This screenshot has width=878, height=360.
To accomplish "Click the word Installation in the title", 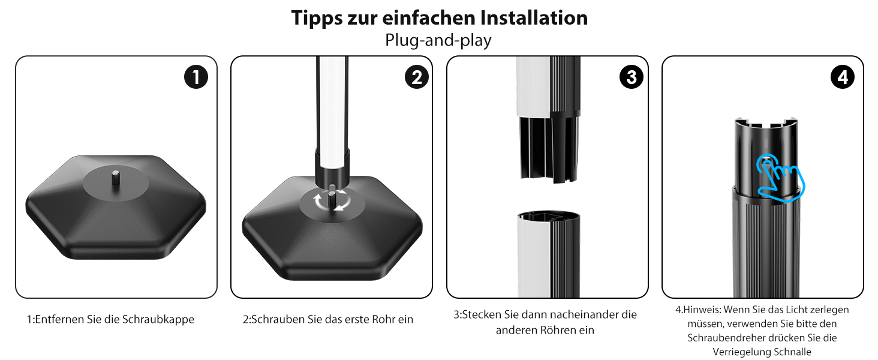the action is click(x=534, y=18).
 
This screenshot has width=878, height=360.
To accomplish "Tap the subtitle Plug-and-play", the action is click(x=438, y=40).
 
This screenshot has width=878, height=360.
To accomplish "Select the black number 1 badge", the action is click(x=196, y=77).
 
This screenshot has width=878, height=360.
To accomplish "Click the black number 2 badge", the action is click(x=417, y=77).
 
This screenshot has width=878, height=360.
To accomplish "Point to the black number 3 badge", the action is click(x=632, y=77).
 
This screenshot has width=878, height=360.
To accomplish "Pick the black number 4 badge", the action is click(x=843, y=77).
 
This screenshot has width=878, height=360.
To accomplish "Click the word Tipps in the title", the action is click(x=317, y=19).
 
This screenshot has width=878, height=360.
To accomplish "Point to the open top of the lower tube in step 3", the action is click(x=548, y=217).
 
